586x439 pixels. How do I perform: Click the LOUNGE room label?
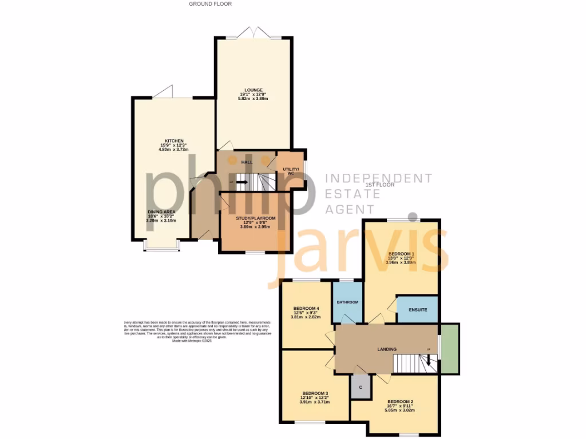coord(253,90)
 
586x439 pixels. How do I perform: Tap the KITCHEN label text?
coord(174,141)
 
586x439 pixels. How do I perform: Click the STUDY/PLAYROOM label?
coord(256,218)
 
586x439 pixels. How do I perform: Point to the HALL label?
coord(247,162)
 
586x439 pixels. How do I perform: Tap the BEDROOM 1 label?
coord(401,253)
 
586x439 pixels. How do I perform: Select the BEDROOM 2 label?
coord(400,401)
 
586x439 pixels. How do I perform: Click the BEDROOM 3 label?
coord(315,393)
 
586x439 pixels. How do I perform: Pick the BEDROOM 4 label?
coord(306,309)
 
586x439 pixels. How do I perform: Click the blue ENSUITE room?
coord(417,310)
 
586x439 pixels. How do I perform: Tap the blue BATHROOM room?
coord(347,302)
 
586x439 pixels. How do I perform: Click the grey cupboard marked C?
coord(361,388)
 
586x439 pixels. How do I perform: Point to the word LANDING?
coord(387,349)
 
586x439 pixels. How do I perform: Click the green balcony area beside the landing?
coord(450,349)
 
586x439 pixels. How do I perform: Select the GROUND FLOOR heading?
coord(210,4)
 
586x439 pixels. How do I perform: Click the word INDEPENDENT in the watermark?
coord(378,178)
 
